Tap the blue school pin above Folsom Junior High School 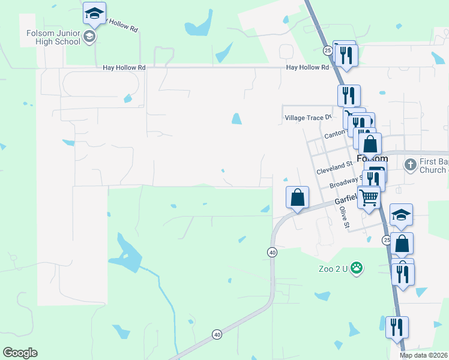point(94,13)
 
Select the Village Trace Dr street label point(307,118)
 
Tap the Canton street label point(335,134)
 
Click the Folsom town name point(372,159)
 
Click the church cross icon point(410,164)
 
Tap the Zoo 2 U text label point(333,268)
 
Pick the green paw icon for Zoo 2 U point(357,268)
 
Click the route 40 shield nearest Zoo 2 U point(273,253)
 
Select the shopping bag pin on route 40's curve point(297,197)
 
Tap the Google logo point(20,353)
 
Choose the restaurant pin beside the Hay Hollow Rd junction point(348,55)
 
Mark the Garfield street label point(345,200)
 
